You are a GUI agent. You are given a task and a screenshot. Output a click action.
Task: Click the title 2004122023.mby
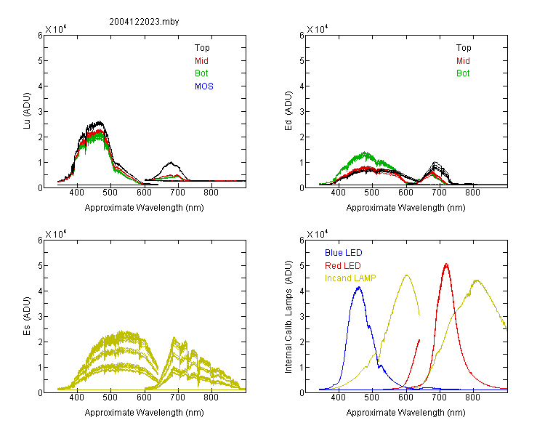click(x=144, y=22)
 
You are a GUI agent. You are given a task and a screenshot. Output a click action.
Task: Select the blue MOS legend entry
click(x=204, y=86)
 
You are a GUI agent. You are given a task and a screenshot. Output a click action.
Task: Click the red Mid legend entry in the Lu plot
click(x=201, y=61)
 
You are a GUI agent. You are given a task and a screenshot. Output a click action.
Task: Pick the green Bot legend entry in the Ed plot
click(x=463, y=73)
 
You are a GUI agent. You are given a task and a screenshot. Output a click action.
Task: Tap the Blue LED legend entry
click(x=344, y=253)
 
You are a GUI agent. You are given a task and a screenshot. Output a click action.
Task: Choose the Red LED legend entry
click(x=343, y=266)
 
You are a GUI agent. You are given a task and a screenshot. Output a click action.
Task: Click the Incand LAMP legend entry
click(x=350, y=278)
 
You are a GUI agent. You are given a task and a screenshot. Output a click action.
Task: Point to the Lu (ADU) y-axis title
click(x=27, y=111)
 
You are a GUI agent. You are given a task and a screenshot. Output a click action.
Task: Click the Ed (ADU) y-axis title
click(x=288, y=111)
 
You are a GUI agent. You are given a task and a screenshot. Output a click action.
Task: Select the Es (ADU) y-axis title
click(x=27, y=316)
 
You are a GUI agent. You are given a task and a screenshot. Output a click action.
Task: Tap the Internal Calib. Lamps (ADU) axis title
click(x=288, y=317)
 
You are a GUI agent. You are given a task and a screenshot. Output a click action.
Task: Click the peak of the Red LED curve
click(x=446, y=265)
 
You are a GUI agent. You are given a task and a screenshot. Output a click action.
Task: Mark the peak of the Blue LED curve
click(x=359, y=288)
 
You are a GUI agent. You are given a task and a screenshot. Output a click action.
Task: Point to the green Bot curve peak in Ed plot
click(x=365, y=153)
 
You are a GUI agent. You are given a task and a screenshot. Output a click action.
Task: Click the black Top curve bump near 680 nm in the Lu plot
click(x=171, y=163)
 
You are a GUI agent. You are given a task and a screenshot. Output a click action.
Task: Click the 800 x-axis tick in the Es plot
click(x=211, y=397)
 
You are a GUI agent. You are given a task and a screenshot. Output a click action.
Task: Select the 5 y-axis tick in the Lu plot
click(x=40, y=61)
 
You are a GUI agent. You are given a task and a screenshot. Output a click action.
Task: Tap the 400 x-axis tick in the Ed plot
click(x=338, y=193)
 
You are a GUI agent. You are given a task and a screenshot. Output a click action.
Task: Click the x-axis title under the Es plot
click(x=145, y=413)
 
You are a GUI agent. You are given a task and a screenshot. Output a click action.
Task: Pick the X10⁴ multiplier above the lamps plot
click(x=317, y=234)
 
